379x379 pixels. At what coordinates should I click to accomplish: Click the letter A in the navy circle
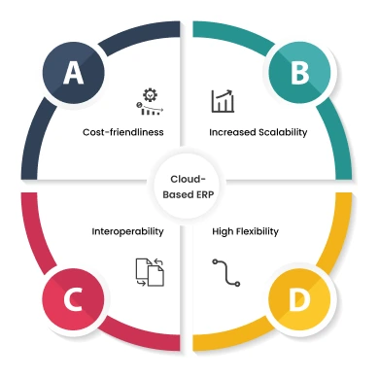tap(73, 74)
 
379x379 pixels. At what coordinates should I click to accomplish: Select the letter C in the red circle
tap(73, 302)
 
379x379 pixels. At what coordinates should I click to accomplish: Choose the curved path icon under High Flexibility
tap(225, 272)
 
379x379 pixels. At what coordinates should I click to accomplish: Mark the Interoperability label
tap(128, 232)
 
